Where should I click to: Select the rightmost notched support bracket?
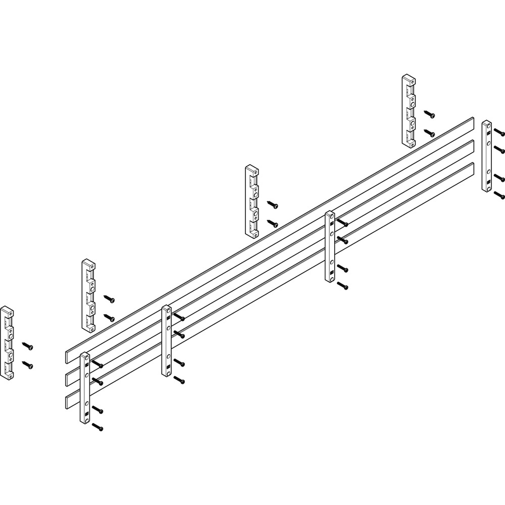(x=409, y=111)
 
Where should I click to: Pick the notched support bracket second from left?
(x=88, y=296)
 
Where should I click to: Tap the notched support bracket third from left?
(x=252, y=200)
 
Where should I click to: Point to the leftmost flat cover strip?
(x=85, y=388)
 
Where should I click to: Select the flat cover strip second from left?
(x=167, y=341)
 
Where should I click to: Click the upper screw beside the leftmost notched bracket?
(x=28, y=346)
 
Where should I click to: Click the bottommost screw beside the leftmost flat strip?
(x=98, y=428)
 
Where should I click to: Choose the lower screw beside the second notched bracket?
(x=109, y=318)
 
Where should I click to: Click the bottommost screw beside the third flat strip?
(x=343, y=286)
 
